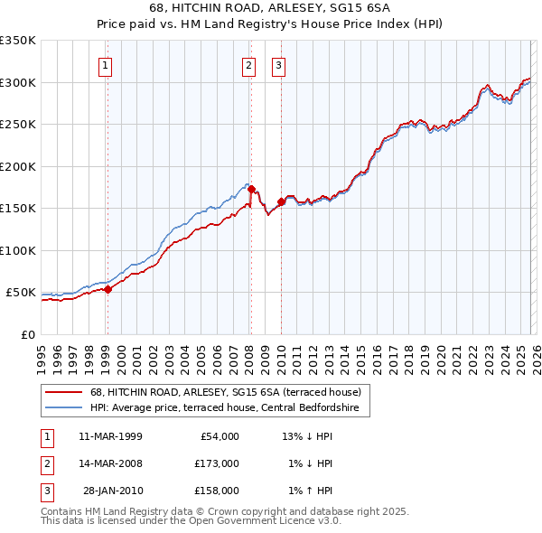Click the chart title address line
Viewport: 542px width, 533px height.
[271, 8]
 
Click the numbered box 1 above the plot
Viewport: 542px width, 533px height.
[106, 64]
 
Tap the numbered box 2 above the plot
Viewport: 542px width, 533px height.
[248, 64]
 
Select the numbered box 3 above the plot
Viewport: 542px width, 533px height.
[278, 64]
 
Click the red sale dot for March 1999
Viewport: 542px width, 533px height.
[107, 289]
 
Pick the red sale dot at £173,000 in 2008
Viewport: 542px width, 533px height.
[251, 190]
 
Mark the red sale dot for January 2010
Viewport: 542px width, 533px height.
[281, 202]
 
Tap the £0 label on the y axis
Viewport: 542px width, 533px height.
[27, 334]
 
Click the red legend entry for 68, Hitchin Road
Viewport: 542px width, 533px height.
[226, 393]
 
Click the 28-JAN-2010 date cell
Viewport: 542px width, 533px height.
[112, 491]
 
